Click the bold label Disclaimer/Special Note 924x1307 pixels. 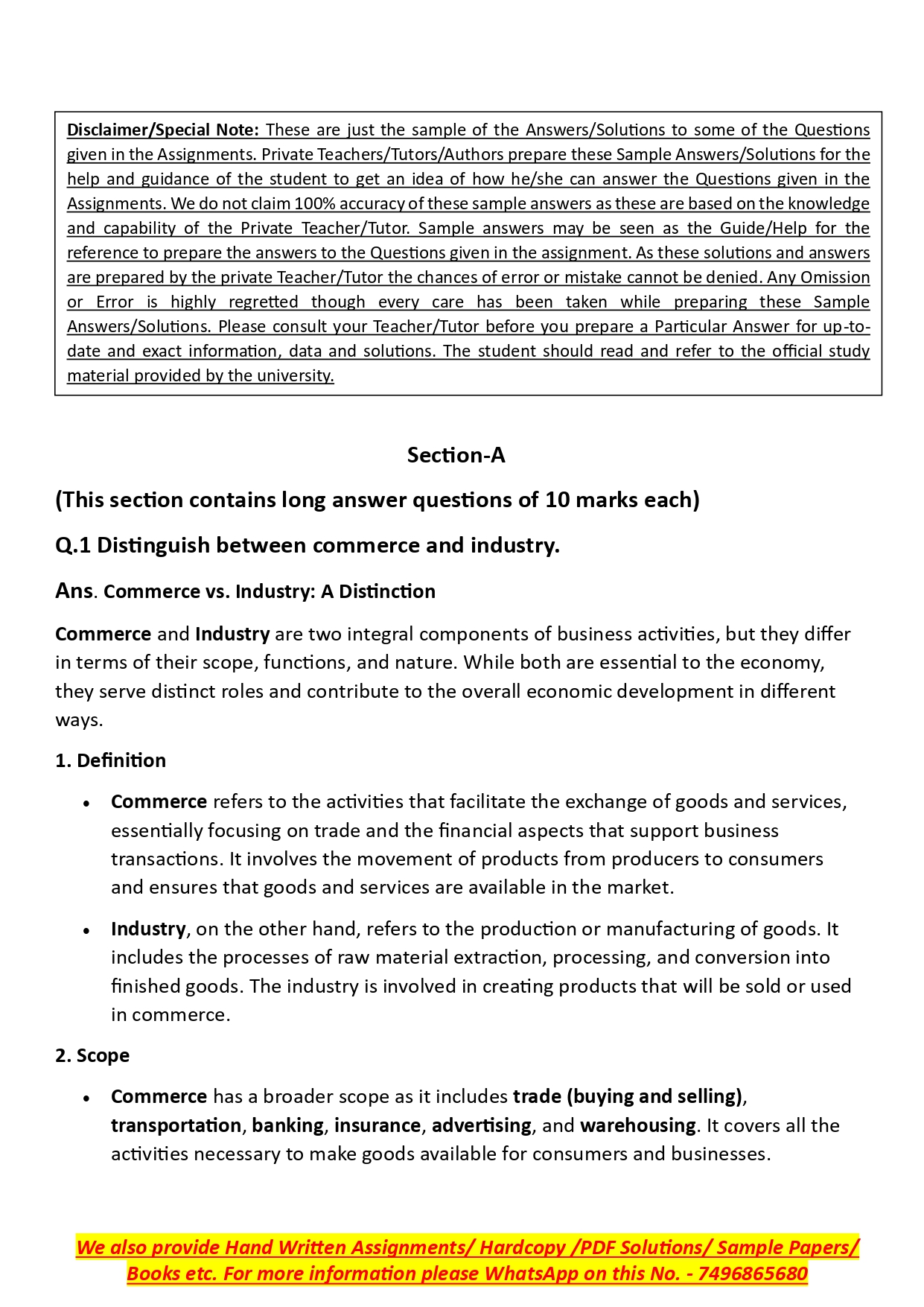pos(162,130)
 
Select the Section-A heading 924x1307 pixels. pos(456,455)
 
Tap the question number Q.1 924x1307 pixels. pos(73,546)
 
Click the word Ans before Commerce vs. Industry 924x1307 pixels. pos(74,591)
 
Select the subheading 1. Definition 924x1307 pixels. pos(110,760)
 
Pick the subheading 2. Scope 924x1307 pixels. pos(92,1055)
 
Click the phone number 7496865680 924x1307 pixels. pos(753,1273)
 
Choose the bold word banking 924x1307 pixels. pos(287,1125)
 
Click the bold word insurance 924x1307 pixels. pos(377,1125)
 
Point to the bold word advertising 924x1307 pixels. pos(481,1125)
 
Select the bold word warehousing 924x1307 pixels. pos(637,1125)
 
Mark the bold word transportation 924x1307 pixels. pos(176,1125)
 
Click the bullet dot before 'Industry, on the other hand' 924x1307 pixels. pos(87,931)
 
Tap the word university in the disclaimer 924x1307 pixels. pos(296,375)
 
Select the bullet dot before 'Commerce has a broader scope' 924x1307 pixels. pos(87,1098)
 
